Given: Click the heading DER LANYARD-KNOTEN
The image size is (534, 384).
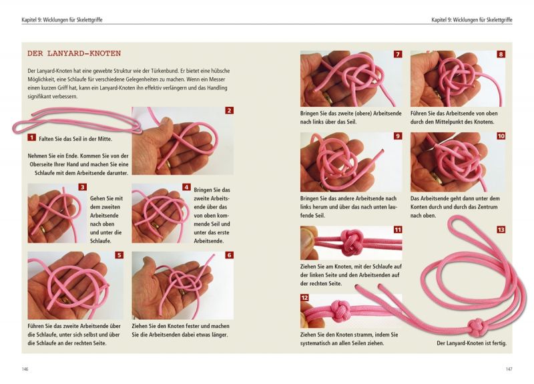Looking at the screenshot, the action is point(74,53).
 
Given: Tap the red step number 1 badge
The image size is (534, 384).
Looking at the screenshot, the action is point(31,138).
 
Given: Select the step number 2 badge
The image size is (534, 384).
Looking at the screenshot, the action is point(229,110).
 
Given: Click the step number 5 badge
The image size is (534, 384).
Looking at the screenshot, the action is point(119,255).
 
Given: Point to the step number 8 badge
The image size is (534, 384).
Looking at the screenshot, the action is point(501,54).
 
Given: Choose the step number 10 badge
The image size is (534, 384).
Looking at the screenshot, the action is point(501,136).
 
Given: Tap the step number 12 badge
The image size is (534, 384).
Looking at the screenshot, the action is point(304,298).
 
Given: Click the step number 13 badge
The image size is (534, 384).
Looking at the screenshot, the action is point(501,230).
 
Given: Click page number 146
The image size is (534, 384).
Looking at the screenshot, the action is point(25,369).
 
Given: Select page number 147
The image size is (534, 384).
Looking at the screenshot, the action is point(509,369).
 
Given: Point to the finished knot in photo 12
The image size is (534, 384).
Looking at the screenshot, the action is point(340,311).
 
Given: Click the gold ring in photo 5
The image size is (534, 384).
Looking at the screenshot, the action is point(65,300).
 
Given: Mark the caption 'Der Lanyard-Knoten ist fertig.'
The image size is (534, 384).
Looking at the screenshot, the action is point(472,343).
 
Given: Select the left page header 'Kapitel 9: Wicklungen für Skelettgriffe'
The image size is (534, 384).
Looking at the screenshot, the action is point(62,20).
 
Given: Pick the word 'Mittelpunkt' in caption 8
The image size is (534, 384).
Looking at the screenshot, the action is point(459,122).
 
